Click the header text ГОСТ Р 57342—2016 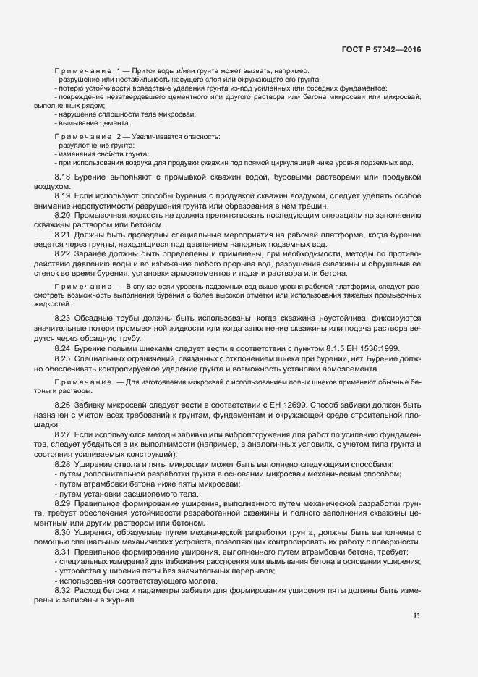click(x=380, y=49)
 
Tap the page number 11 click(x=417, y=615)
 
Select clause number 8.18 click(x=62, y=177)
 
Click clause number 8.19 click(x=62, y=195)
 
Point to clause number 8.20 click(x=62, y=215)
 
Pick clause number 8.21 click(x=62, y=235)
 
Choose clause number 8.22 click(x=62, y=254)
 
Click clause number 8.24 click(x=62, y=348)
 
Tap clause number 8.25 click(x=62, y=358)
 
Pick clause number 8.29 click(x=62, y=503)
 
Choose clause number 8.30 click(x=62, y=532)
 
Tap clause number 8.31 click(x=62, y=552)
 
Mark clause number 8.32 click(x=62, y=591)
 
